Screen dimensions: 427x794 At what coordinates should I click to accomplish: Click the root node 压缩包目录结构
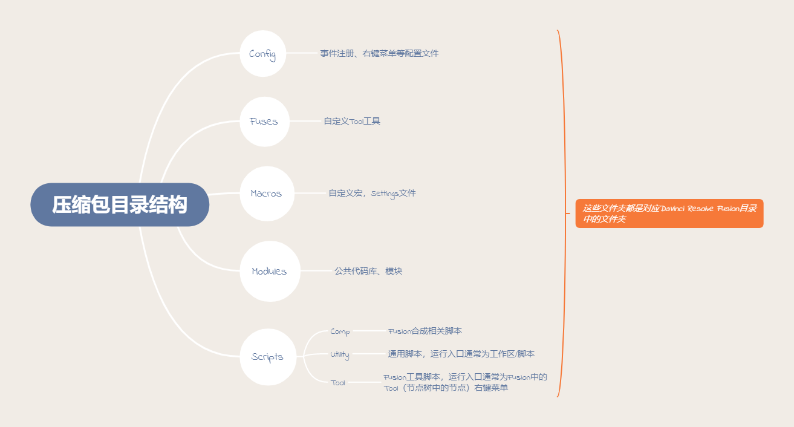(120, 205)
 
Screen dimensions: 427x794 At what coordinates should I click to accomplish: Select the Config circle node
(262, 54)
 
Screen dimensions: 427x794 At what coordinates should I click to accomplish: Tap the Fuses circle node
(264, 122)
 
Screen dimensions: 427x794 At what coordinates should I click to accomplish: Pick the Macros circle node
(266, 194)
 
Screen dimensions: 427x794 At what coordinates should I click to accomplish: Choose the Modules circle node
(270, 272)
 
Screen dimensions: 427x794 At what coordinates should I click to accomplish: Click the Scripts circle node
(267, 357)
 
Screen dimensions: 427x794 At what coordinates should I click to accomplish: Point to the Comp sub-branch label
(340, 331)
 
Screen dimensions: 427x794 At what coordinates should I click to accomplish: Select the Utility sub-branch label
(340, 354)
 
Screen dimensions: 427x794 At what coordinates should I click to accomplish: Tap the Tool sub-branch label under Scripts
(338, 383)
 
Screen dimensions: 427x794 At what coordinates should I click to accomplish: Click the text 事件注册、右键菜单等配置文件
(379, 53)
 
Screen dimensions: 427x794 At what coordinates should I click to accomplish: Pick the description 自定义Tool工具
(352, 122)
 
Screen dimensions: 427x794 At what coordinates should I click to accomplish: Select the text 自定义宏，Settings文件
(372, 194)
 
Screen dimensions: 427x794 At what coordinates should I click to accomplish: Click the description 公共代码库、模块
(368, 271)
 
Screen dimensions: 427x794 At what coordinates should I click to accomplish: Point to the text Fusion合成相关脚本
(425, 331)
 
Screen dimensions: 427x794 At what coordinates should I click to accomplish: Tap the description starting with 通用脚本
(461, 354)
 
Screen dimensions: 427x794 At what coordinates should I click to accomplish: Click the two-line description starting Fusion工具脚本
(465, 382)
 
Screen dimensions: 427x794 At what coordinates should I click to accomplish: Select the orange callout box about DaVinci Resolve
(669, 213)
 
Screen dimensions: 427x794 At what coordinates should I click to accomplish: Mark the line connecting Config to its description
(301, 53)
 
